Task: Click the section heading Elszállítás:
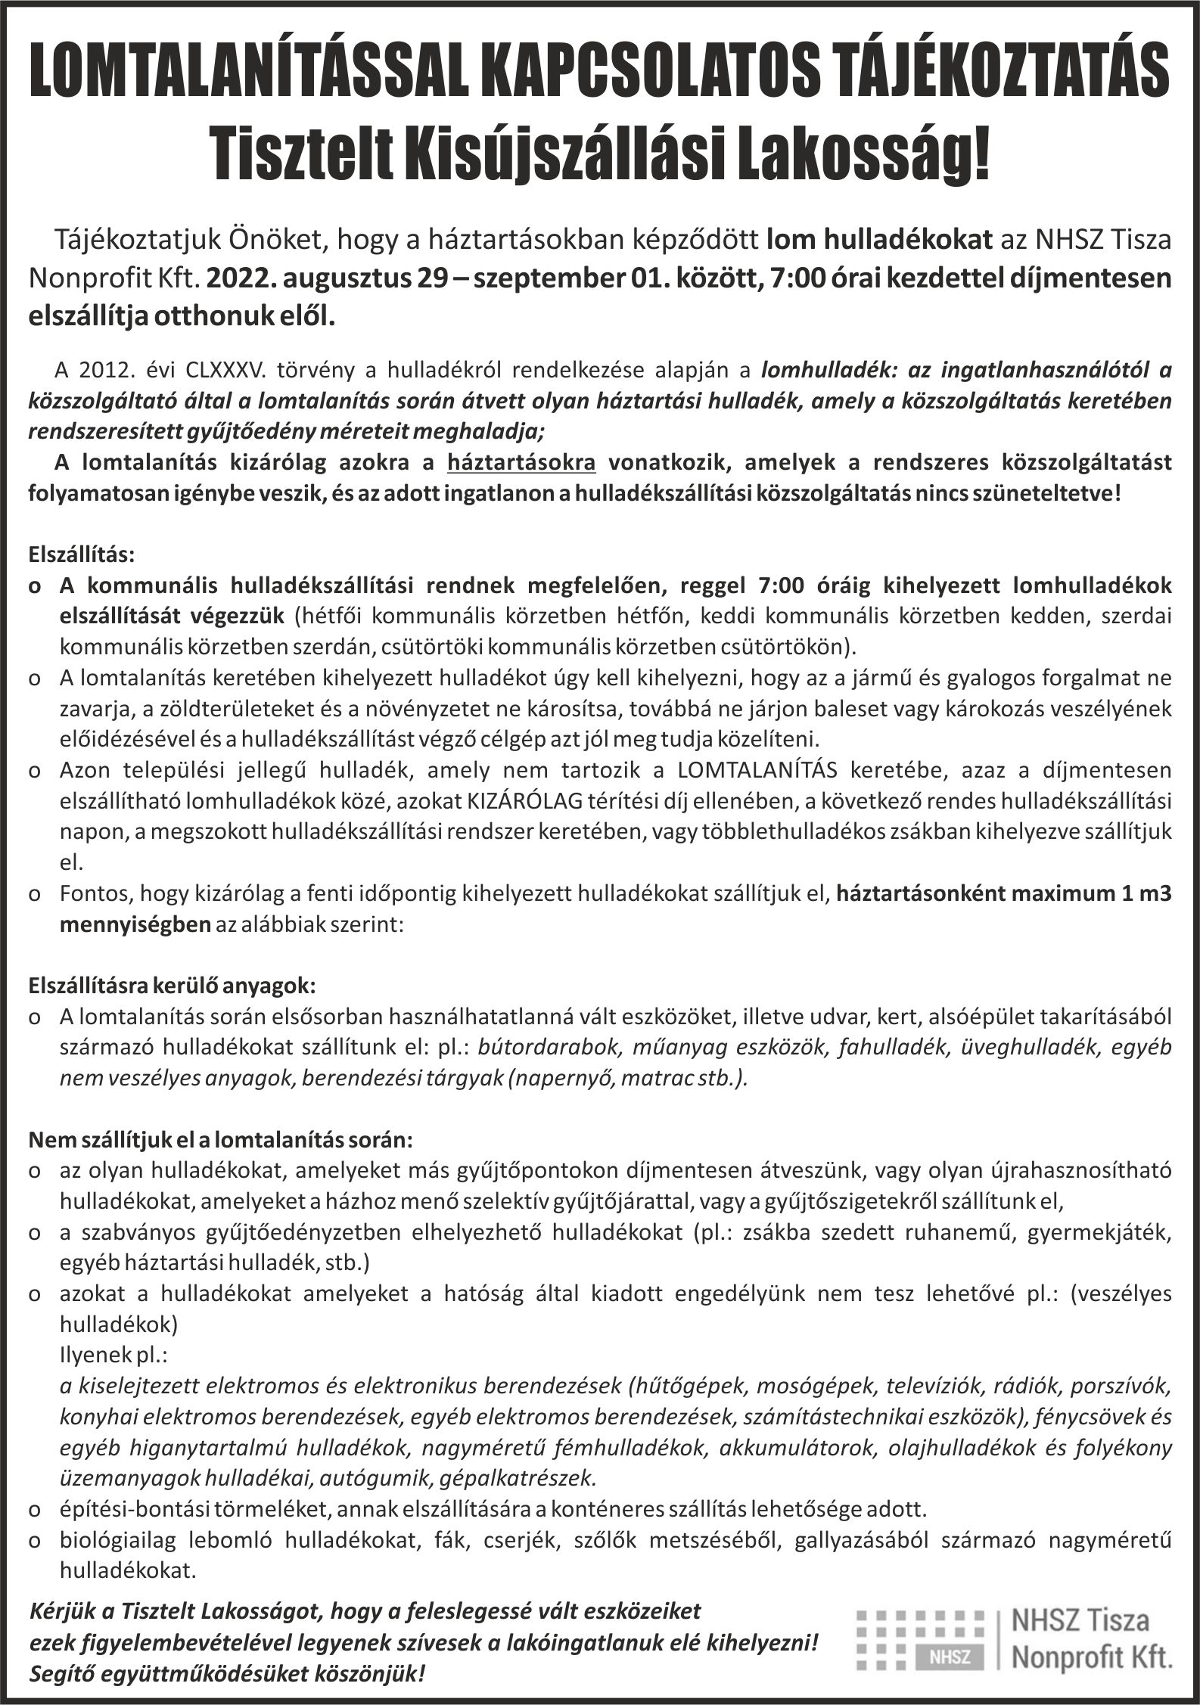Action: (82, 554)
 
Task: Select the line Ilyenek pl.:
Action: (113, 1355)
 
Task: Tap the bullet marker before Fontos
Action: (35, 894)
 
